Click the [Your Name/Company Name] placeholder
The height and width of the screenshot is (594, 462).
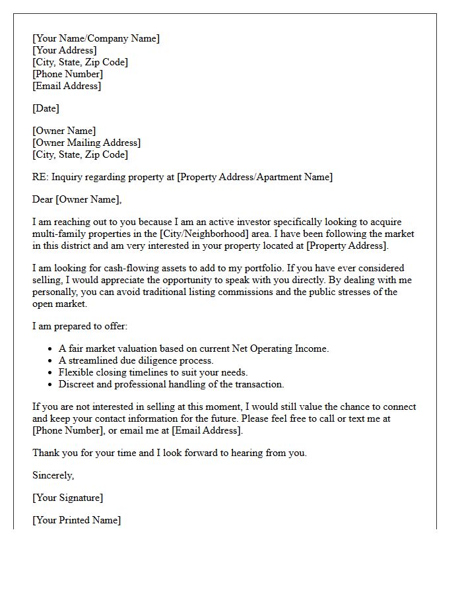96,38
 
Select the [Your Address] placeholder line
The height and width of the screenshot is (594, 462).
64,50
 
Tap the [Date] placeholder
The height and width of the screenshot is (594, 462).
46,108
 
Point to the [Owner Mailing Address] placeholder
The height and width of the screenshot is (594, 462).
86,143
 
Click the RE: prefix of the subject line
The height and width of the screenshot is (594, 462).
40,177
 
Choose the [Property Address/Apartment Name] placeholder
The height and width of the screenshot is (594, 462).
255,177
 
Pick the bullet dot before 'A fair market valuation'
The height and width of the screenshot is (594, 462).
51,349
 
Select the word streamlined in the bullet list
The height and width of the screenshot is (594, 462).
94,360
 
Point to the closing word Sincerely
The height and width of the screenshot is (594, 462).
53,475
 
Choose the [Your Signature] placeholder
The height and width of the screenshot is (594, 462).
67,498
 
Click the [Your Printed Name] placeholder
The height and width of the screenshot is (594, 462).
77,520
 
